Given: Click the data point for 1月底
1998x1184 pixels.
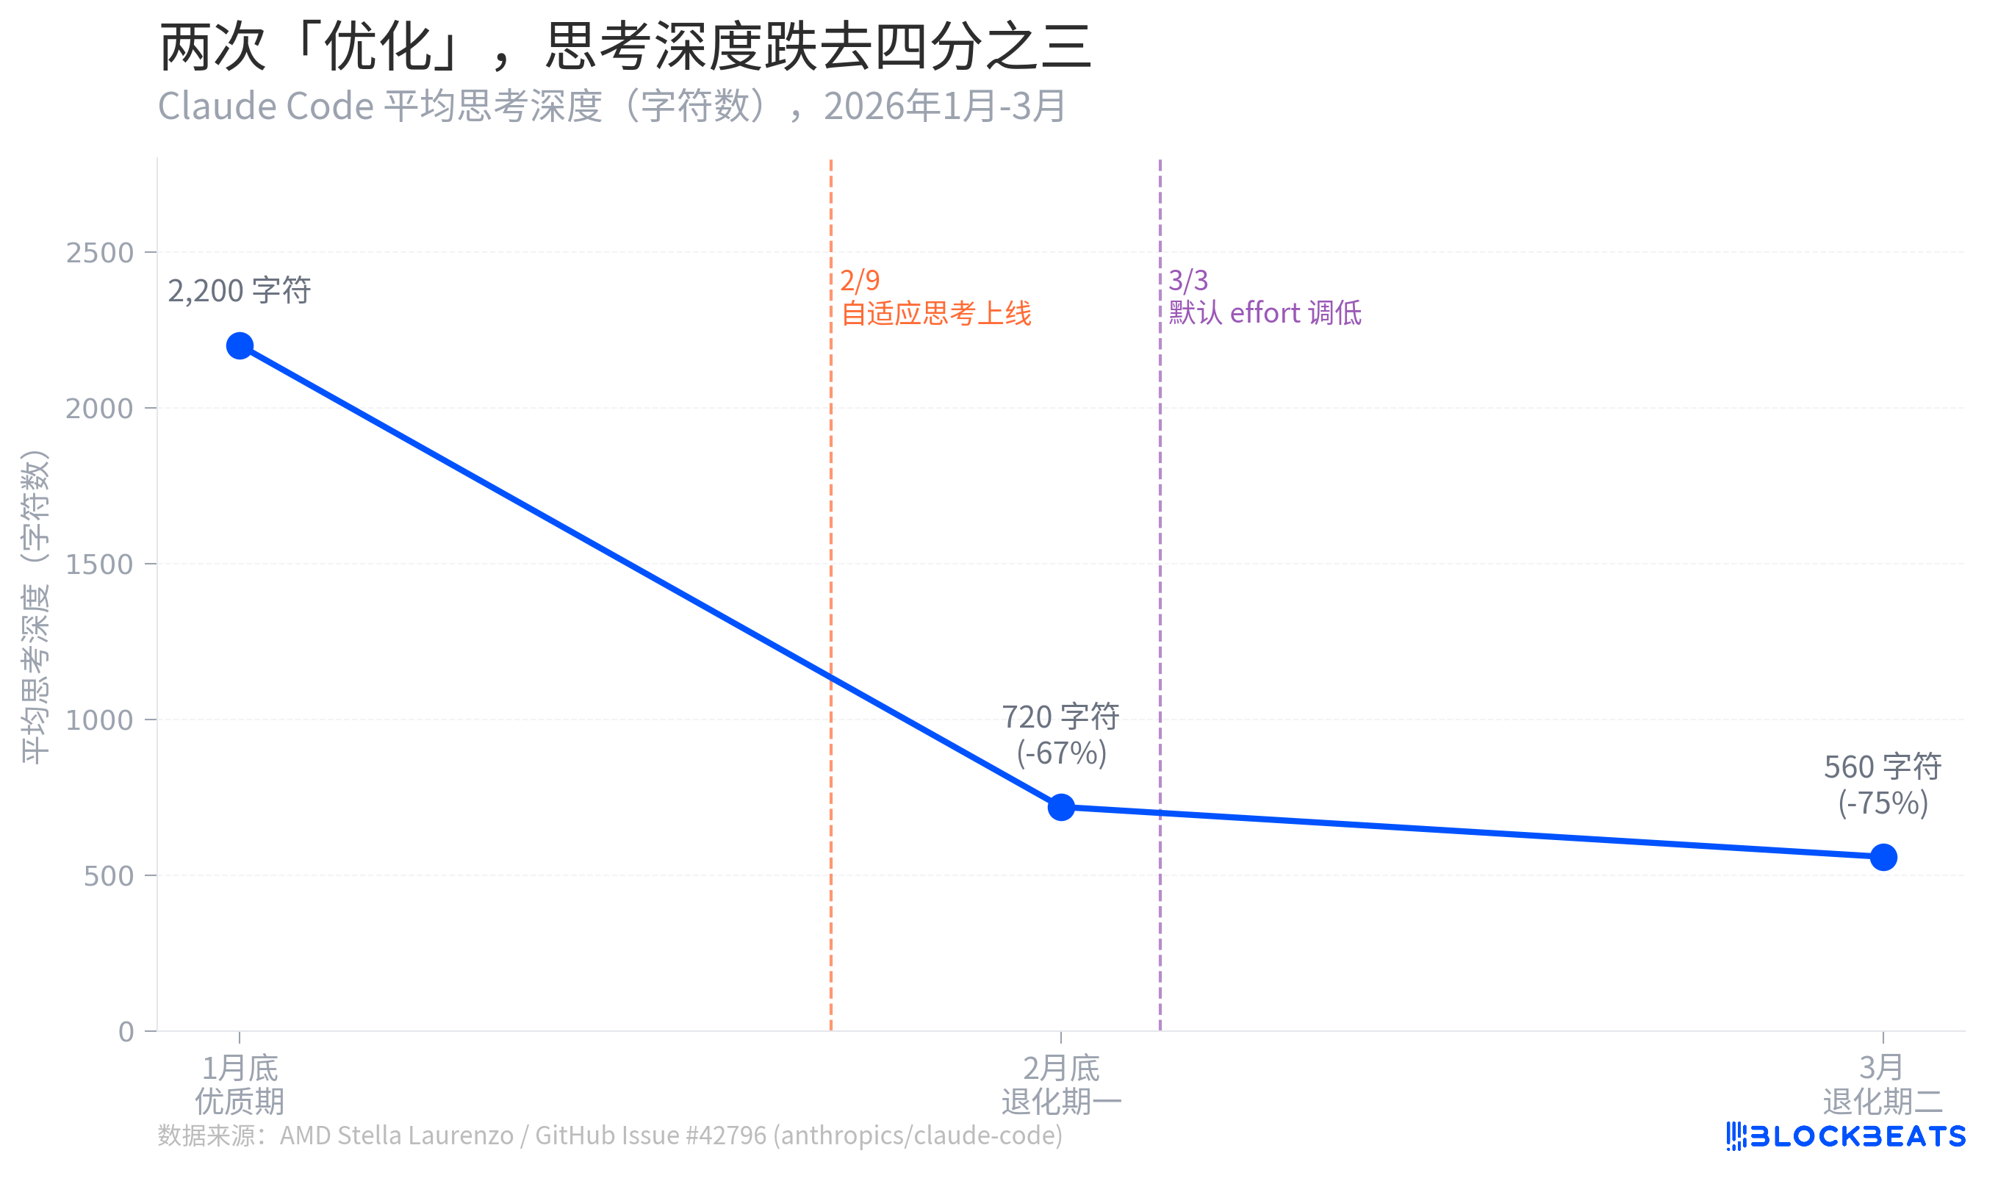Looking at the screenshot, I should [240, 345].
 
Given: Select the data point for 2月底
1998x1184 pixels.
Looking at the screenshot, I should [1061, 807].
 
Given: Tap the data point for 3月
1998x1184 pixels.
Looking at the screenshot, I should [1883, 857].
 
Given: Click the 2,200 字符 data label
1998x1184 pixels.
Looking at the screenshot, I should [240, 290].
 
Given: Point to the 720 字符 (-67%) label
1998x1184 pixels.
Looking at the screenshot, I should [1061, 735].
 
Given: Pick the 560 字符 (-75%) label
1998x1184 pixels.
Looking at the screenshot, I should [1883, 785].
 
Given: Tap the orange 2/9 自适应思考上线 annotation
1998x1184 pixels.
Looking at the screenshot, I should [935, 297].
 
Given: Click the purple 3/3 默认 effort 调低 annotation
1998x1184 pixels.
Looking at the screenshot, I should [1265, 297].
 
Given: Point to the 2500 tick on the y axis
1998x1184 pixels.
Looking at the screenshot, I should [100, 253].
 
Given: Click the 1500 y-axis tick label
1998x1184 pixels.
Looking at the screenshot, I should [100, 564].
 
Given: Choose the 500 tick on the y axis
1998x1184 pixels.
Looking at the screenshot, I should [109, 876].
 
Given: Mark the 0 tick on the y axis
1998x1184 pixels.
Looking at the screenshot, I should [126, 1032].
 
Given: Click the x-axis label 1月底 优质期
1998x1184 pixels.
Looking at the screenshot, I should [240, 1084].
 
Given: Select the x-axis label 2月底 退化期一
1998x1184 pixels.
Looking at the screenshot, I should [1061, 1084].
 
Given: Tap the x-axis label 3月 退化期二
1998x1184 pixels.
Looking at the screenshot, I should [1883, 1084].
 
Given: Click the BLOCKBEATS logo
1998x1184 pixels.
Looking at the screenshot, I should [1846, 1135].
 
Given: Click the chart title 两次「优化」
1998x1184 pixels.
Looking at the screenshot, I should [625, 46].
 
